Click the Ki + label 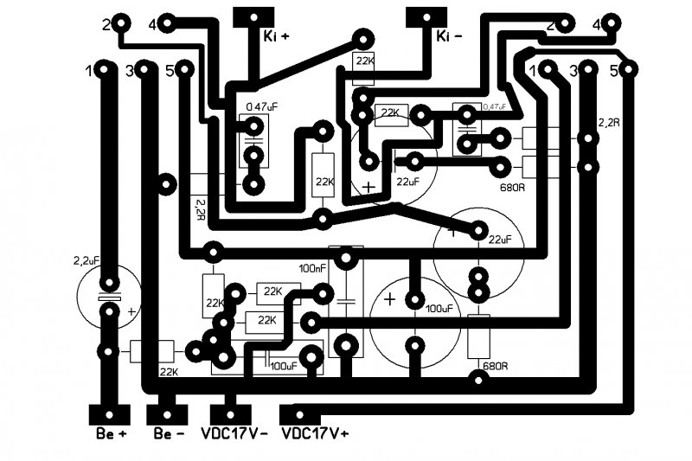[x=277, y=36]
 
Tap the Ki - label [x=449, y=36]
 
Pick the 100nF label [x=312, y=267]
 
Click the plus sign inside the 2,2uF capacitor [x=131, y=311]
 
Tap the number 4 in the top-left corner [x=152, y=25]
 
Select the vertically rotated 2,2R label [x=202, y=208]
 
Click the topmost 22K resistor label [x=363, y=61]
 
